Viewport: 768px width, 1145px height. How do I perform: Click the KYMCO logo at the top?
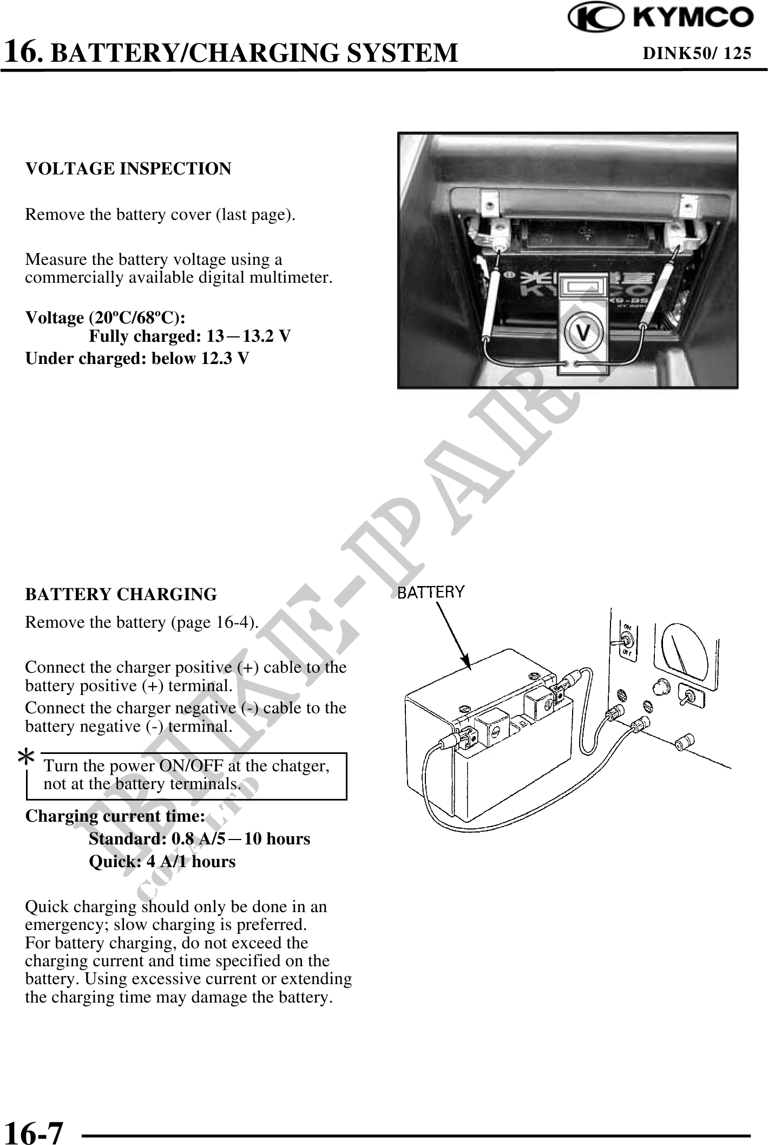(x=660, y=18)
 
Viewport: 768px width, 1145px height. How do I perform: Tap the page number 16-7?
(x=34, y=1130)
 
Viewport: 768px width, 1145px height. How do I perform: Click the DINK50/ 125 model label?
(x=697, y=53)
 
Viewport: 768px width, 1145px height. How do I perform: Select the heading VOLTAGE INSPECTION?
(x=128, y=169)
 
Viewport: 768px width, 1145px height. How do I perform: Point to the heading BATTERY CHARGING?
(x=121, y=594)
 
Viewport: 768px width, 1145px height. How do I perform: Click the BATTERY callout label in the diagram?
(x=431, y=592)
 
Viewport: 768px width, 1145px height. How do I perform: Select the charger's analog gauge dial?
(x=684, y=648)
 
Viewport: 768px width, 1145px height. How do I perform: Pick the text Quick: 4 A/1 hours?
(x=162, y=862)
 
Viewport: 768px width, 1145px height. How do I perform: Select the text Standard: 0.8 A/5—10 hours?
(x=199, y=839)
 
